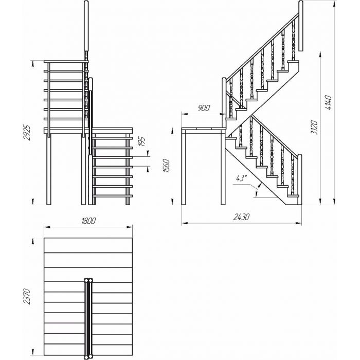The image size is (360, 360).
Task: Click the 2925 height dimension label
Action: click(x=27, y=133)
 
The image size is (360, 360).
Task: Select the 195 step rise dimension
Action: click(x=142, y=142)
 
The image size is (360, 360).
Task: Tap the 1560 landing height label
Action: click(x=166, y=166)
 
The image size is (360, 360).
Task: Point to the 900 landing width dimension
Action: click(x=204, y=108)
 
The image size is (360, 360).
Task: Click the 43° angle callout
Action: click(x=241, y=178)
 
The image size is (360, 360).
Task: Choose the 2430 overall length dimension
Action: click(x=241, y=217)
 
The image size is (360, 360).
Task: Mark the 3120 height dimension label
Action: click(x=314, y=128)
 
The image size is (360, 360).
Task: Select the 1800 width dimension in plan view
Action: click(x=88, y=221)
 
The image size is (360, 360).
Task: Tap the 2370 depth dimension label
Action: click(x=27, y=296)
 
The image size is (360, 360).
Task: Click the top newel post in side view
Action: click(x=301, y=26)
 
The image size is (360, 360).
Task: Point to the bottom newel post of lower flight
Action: click(x=299, y=179)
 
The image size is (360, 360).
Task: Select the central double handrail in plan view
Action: click(x=88, y=319)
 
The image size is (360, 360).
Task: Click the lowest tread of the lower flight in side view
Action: click(x=293, y=196)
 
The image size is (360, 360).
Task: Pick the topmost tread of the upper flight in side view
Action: click(x=294, y=62)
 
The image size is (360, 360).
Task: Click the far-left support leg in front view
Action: click(x=49, y=169)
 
